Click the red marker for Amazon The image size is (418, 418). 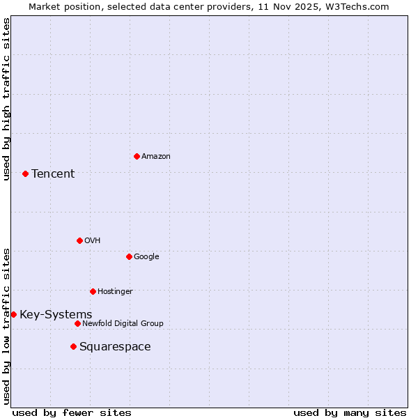(x=137, y=156)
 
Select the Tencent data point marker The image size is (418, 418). (x=25, y=173)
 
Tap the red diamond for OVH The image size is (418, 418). (x=79, y=240)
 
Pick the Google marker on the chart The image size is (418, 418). (x=129, y=256)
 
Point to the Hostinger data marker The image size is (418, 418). (x=93, y=291)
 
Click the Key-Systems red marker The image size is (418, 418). (x=13, y=314)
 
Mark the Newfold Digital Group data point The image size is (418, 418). (x=77, y=323)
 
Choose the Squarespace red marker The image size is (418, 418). (x=73, y=346)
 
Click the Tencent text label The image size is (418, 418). (x=53, y=173)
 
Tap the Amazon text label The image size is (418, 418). (x=156, y=156)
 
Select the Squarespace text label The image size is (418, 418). (x=115, y=346)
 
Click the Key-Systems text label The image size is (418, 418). (x=56, y=314)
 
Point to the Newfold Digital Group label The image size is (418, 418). (x=123, y=323)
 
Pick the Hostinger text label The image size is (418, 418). (x=115, y=291)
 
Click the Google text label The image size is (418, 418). (x=146, y=256)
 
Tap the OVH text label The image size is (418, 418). (x=93, y=240)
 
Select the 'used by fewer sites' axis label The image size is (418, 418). (x=72, y=412)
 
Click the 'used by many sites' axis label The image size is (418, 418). (x=350, y=412)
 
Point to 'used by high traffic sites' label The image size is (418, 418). (x=6, y=99)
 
